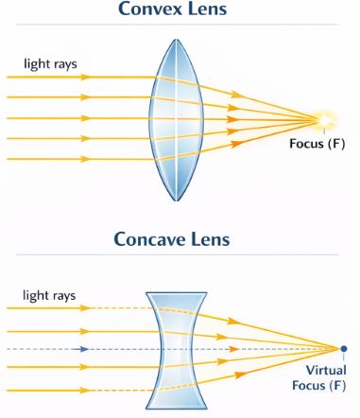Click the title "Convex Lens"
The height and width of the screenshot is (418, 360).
click(180, 9)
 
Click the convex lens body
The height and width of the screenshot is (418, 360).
click(177, 118)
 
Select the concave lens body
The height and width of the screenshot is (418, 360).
click(178, 349)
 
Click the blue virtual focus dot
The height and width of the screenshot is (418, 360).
click(343, 349)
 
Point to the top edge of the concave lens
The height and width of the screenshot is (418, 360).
click(178, 292)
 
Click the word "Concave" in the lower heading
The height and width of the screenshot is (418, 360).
click(147, 239)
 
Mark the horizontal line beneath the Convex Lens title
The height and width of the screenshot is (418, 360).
click(180, 25)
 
